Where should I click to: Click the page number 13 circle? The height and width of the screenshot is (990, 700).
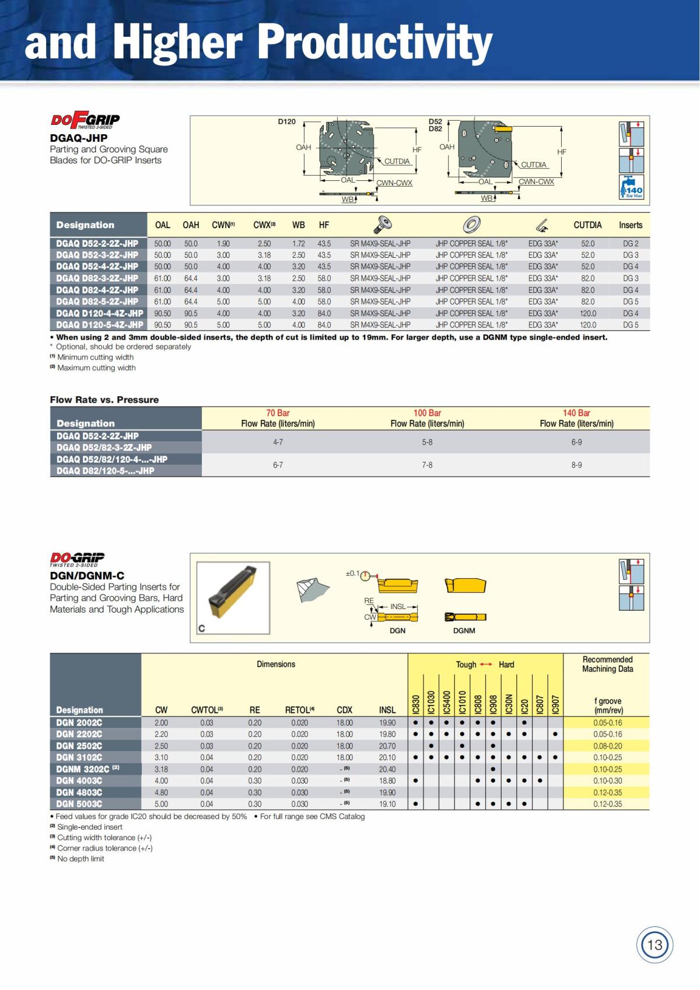click(x=654, y=944)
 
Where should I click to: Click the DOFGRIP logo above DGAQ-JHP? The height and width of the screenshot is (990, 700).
click(x=85, y=121)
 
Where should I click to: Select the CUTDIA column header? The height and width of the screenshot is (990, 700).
click(x=587, y=225)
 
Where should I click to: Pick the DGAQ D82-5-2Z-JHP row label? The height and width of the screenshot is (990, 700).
click(x=97, y=302)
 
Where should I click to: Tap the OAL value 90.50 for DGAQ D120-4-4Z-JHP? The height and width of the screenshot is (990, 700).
click(x=162, y=313)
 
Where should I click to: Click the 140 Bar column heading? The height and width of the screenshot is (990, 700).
click(x=576, y=413)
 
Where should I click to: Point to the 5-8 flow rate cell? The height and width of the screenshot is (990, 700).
click(x=427, y=442)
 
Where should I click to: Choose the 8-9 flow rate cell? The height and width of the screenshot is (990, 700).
click(x=576, y=465)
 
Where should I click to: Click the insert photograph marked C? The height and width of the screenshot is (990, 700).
click(x=233, y=598)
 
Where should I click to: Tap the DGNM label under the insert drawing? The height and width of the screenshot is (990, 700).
click(x=464, y=631)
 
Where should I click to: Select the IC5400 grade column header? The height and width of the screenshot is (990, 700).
click(x=447, y=702)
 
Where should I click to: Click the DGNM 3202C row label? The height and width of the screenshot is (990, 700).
click(x=87, y=769)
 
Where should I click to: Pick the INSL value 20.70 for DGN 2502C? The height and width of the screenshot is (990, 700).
click(x=387, y=746)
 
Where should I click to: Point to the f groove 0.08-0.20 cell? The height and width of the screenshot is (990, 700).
click(x=607, y=746)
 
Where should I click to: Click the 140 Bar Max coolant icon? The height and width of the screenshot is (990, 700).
click(x=631, y=187)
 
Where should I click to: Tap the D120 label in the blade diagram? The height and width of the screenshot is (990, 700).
click(x=286, y=121)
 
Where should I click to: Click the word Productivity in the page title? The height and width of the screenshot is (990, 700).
click(x=374, y=42)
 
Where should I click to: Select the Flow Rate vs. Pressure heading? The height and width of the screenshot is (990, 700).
click(x=104, y=400)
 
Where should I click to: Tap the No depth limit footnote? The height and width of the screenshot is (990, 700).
click(x=80, y=859)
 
